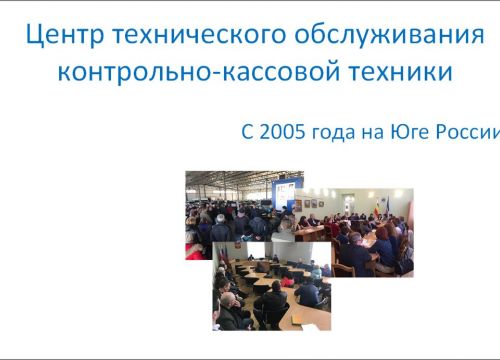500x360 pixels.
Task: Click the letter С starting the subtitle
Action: [247, 131]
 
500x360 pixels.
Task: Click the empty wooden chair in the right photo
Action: [344, 268]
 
